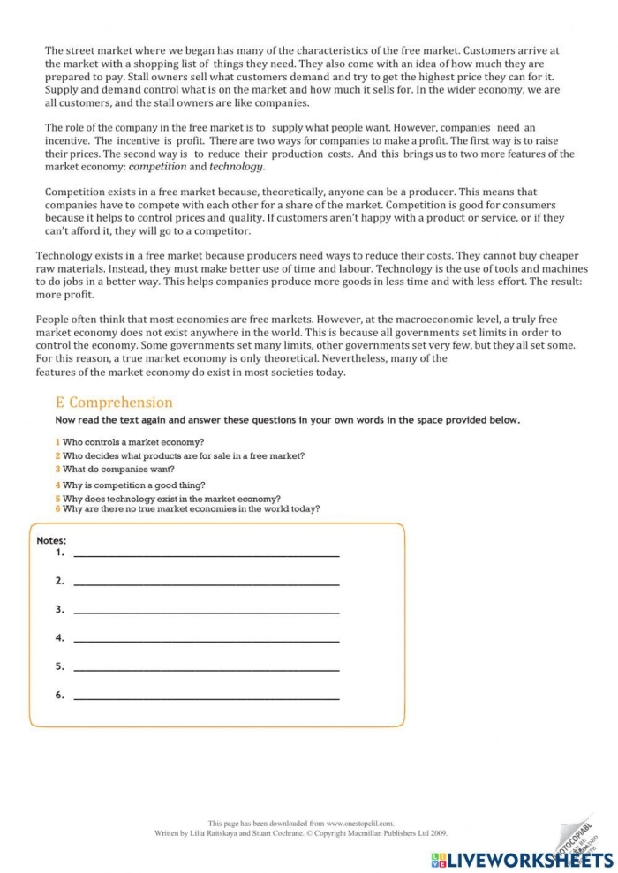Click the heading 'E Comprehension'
(x=114, y=403)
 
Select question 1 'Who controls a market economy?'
(x=132, y=441)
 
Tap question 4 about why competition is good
(x=133, y=485)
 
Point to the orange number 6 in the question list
(x=57, y=508)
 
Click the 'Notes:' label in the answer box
(x=51, y=540)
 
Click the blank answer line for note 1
(x=207, y=554)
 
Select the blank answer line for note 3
(x=207, y=611)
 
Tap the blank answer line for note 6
(x=207, y=697)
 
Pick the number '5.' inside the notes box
(x=60, y=666)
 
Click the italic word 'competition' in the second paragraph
(x=157, y=166)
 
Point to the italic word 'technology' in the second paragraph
(x=236, y=166)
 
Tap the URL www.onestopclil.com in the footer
(x=360, y=823)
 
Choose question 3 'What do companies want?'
(x=118, y=470)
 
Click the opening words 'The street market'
(x=86, y=51)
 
